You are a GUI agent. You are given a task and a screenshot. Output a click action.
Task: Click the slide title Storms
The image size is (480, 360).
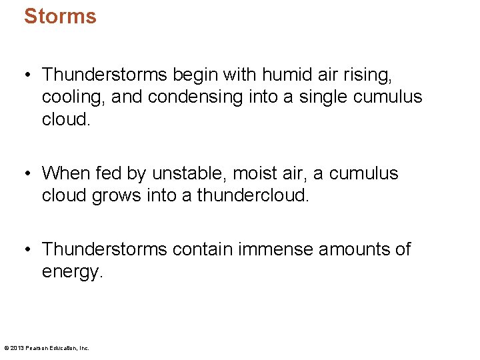60,16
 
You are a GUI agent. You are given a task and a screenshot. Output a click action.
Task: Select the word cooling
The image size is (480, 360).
73,97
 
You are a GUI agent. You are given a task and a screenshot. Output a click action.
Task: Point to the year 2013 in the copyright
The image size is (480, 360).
16,348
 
